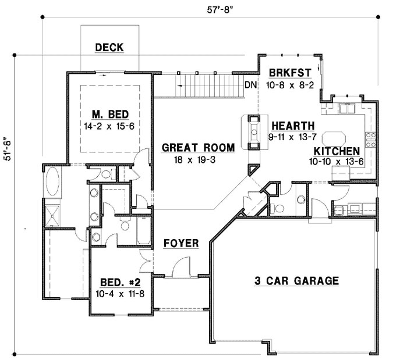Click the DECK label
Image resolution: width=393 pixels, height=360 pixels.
click(109, 48)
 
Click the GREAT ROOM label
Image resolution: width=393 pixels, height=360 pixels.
click(198, 148)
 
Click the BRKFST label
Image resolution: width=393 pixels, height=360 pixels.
click(290, 73)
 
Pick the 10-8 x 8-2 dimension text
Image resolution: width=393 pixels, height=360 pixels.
click(290, 85)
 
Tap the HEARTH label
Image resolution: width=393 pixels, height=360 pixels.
click(293, 126)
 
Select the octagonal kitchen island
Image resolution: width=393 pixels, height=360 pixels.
click(334, 137)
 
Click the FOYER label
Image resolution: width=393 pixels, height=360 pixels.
click(180, 243)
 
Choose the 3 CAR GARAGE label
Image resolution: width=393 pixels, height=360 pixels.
click(296, 281)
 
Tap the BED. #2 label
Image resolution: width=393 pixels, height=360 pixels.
click(120, 282)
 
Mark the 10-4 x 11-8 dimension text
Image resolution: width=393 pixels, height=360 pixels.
click(120, 294)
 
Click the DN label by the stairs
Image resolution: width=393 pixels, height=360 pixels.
click(250, 85)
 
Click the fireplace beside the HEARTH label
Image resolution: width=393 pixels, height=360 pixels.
click(253, 131)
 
